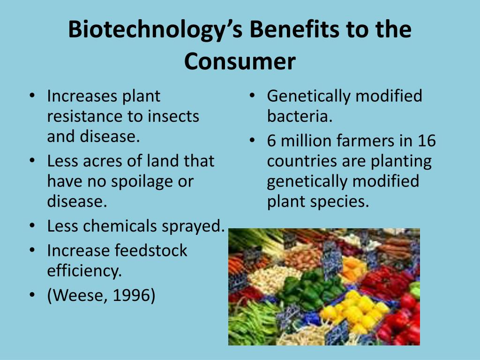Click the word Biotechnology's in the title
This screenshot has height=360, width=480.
point(155,30)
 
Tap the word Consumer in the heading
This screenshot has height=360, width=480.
point(240,61)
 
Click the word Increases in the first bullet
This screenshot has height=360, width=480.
point(82,96)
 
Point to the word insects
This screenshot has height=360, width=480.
point(173,116)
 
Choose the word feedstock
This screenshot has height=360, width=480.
point(150,250)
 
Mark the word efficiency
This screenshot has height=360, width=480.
point(84,271)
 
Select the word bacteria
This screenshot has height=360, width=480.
point(300,116)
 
